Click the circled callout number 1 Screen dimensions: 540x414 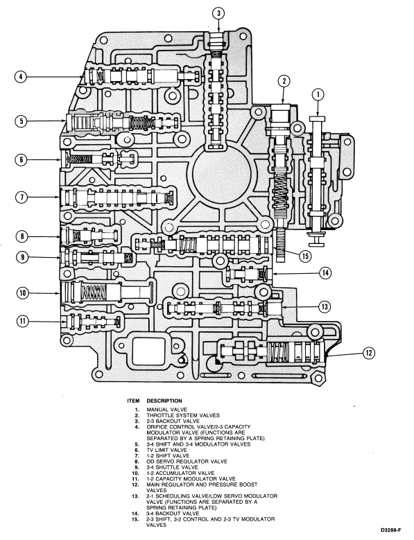(x=318, y=94)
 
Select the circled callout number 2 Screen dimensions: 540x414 (x=283, y=80)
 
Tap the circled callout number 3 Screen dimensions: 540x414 (x=218, y=13)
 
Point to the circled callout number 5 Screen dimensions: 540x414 (x=22, y=121)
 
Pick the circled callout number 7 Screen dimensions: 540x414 (x=22, y=198)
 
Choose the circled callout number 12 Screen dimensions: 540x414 (x=369, y=353)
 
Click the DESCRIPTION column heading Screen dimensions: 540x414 (x=164, y=401)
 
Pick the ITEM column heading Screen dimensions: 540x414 (x=132, y=401)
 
